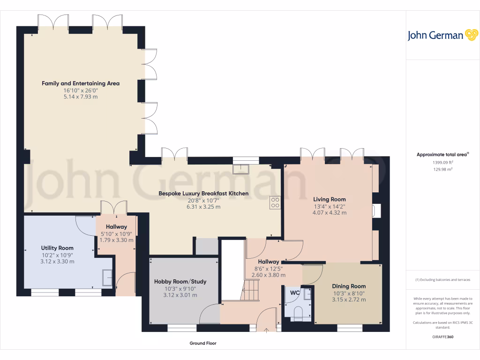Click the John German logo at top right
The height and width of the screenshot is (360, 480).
click(442, 35)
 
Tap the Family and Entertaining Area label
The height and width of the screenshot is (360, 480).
click(81, 83)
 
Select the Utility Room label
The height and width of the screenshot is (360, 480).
click(57, 248)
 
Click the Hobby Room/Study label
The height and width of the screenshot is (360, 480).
click(180, 282)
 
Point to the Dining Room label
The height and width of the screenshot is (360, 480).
click(349, 286)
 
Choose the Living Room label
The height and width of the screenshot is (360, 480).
click(330, 199)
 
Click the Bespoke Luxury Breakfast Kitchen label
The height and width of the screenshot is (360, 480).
click(203, 193)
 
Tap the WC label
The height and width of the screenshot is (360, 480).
click(295, 292)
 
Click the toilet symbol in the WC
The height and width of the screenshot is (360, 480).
click(298, 313)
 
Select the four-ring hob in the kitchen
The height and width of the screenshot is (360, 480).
click(275, 202)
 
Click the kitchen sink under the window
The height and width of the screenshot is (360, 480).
click(242, 168)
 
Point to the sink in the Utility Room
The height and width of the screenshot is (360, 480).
click(107, 278)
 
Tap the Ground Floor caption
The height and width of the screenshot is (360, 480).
click(203, 343)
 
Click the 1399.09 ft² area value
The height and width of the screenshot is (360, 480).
click(442, 162)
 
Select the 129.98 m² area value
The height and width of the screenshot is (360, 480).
click(442, 169)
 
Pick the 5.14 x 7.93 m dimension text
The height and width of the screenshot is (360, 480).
click(81, 97)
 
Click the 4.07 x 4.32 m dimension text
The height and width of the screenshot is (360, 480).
click(330, 212)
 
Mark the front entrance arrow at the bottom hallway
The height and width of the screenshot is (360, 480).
click(267, 330)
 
